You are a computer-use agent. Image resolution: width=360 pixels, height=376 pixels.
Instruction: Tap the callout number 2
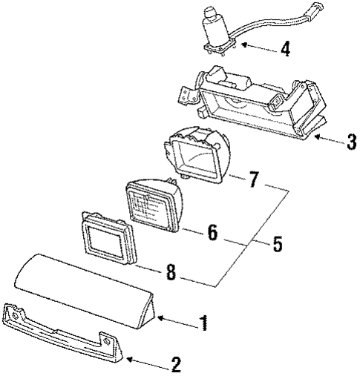[176, 364]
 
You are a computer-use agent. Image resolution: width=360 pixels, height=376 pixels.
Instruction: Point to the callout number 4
[284, 50]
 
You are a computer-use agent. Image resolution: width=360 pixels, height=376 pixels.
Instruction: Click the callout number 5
[276, 244]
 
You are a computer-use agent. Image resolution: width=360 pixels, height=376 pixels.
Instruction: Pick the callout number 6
[212, 233]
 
